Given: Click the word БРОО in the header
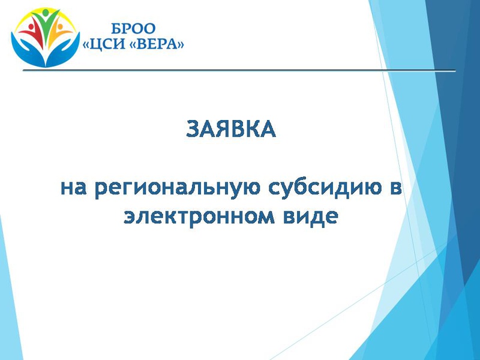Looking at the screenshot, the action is click(x=133, y=29).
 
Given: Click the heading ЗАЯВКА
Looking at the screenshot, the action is click(x=231, y=129).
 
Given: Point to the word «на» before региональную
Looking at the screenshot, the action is click(x=73, y=188).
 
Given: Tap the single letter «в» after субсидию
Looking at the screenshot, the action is click(x=396, y=188).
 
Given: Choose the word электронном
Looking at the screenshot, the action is click(x=199, y=217).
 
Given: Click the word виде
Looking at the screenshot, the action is click(x=310, y=217).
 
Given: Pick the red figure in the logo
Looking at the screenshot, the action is click(x=31, y=32).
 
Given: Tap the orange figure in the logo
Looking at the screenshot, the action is click(x=60, y=33).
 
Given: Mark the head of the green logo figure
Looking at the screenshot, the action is click(x=46, y=13).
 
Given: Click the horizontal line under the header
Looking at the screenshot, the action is click(x=239, y=71).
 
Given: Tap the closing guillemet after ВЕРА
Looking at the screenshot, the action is click(x=181, y=45).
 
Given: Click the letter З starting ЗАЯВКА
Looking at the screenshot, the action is click(x=193, y=129).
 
